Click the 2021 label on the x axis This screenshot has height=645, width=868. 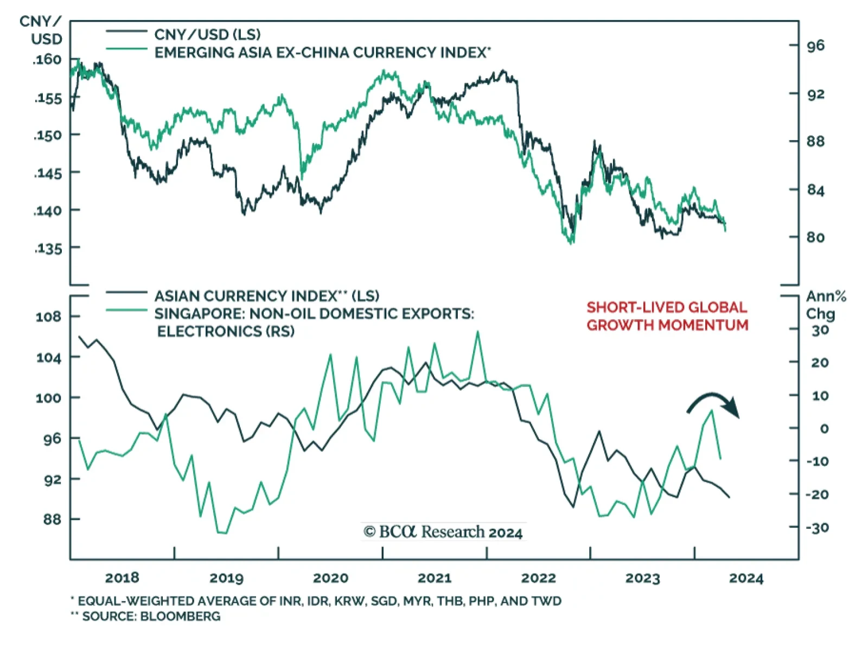click(x=434, y=578)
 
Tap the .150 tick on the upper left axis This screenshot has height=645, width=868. click(x=48, y=135)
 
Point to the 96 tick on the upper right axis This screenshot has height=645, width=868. click(x=815, y=46)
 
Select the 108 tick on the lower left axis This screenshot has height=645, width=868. click(x=48, y=317)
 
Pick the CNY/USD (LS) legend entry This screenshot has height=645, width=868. click(x=207, y=35)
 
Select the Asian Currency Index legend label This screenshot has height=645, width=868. click(x=266, y=296)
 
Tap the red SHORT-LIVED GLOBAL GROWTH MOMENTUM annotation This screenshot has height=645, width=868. click(x=667, y=316)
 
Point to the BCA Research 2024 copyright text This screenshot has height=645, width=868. click(x=443, y=532)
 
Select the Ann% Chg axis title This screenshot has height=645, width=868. click(x=825, y=305)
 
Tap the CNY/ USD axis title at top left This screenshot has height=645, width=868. click(x=41, y=30)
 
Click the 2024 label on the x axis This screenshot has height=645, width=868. click(x=746, y=578)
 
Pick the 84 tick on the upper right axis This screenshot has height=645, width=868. click(x=815, y=190)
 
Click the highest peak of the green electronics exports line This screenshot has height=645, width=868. click(x=478, y=332)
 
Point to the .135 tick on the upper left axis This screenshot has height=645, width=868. click(x=48, y=249)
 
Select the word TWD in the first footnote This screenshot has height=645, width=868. click(x=548, y=601)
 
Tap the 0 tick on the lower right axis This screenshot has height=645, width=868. click(x=824, y=429)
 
